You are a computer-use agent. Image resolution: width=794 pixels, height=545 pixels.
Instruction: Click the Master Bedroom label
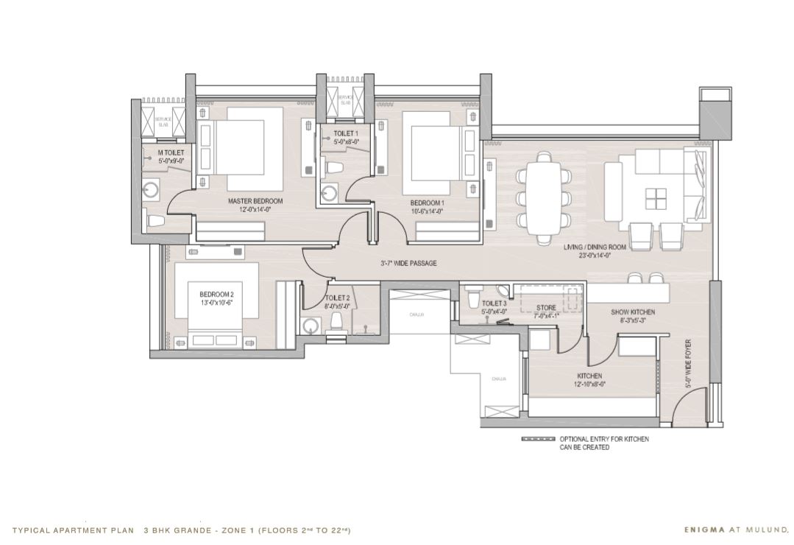(x=255, y=201)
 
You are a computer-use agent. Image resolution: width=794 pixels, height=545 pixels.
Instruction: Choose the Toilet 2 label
(x=338, y=298)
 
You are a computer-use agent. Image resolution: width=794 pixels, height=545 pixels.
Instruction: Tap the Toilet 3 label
(x=495, y=303)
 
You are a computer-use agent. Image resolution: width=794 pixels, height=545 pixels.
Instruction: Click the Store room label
(x=546, y=308)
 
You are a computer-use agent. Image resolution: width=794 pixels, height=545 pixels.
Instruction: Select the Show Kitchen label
(x=632, y=312)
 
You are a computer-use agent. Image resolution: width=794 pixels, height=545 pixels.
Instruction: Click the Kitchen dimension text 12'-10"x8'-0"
(x=589, y=384)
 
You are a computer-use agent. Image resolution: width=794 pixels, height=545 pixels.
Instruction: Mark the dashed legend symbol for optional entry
(x=538, y=439)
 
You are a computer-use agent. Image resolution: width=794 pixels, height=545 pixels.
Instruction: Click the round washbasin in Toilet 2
(x=310, y=324)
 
